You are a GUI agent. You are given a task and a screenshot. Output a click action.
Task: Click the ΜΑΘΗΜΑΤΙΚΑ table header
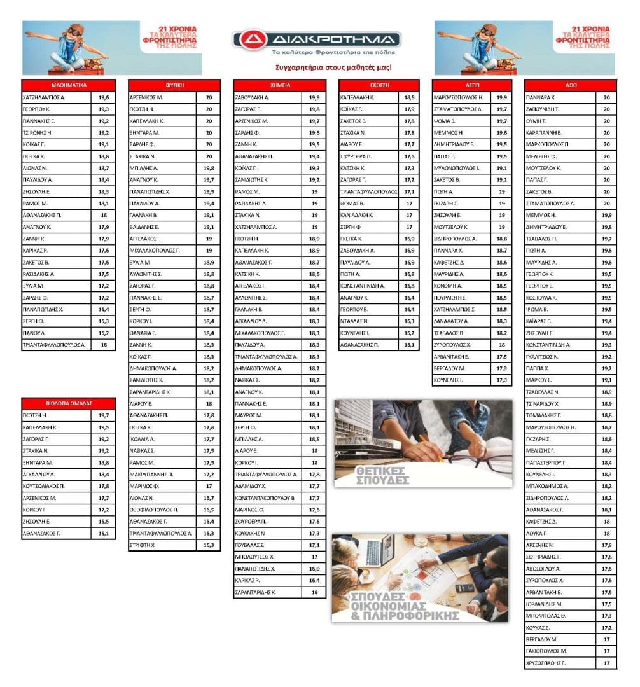tap(69, 85)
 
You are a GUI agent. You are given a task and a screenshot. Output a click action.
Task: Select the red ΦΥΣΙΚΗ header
tap(174, 85)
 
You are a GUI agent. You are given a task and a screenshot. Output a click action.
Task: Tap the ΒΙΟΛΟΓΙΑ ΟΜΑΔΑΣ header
tap(69, 403)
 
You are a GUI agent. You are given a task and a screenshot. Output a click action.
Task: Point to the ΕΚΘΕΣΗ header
tap(379, 85)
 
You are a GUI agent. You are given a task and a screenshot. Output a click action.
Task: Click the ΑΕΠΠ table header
tap(472, 85)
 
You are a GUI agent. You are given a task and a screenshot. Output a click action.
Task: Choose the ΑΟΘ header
tap(571, 85)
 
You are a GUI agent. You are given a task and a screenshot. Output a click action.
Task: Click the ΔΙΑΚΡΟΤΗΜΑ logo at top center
tap(316, 39)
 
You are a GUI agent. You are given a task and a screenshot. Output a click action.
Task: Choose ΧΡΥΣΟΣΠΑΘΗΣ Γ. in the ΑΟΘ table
tap(546, 663)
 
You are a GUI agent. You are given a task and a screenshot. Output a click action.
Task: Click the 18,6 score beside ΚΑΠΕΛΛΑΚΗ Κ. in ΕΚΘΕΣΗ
tap(409, 98)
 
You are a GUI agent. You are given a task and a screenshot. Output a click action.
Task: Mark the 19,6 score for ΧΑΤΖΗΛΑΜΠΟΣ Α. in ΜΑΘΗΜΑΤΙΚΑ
tap(104, 98)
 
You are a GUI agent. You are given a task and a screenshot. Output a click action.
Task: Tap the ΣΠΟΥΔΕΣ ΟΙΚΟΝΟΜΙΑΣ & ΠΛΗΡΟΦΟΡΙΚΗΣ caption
tap(394, 608)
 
